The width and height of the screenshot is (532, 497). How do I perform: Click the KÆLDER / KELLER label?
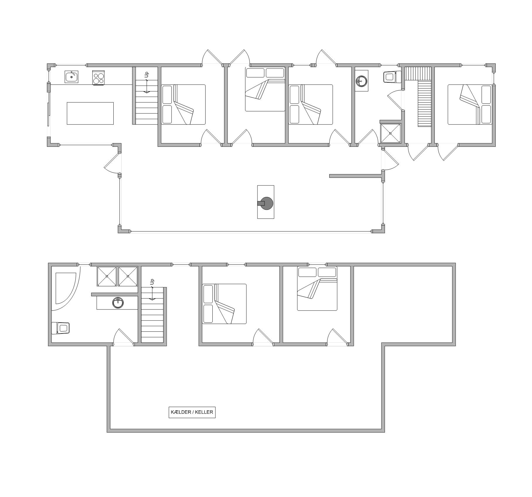[192, 412]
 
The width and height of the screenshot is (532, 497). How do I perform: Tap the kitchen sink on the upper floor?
[71, 77]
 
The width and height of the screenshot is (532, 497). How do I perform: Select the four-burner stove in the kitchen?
[98, 78]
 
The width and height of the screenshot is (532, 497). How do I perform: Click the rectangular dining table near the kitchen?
[90, 113]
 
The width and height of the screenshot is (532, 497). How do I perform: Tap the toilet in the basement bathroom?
[61, 328]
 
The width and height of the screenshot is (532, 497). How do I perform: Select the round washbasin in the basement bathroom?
[118, 303]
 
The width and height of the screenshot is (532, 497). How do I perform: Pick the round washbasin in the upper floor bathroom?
[362, 81]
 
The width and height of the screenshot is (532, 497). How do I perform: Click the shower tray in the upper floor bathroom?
[390, 133]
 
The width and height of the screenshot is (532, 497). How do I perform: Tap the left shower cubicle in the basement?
[107, 276]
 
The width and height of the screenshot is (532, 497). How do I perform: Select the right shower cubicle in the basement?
[128, 276]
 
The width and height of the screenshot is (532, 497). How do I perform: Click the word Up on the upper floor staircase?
[147, 75]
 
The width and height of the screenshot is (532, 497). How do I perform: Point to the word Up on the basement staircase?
[152, 282]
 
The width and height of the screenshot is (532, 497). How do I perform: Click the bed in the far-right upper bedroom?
[470, 105]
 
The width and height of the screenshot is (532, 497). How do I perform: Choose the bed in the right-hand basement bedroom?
[317, 288]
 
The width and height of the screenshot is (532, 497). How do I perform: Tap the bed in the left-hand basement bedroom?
[224, 304]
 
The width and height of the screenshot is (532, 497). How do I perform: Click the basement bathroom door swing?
[123, 337]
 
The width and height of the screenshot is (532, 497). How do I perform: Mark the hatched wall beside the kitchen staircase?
[134, 96]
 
